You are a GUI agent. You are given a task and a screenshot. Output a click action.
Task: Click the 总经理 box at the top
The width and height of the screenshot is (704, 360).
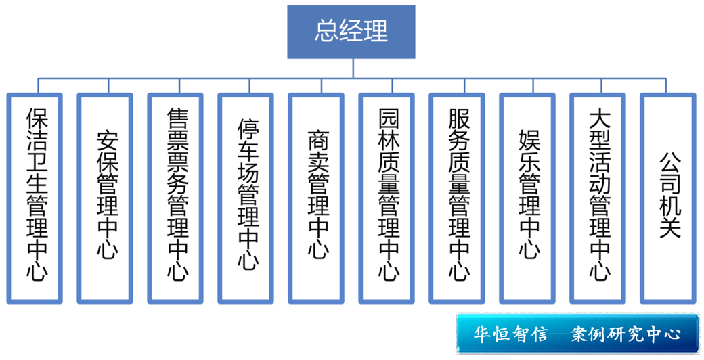coord(351,32)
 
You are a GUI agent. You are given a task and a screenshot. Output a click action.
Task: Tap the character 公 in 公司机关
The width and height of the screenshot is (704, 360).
coord(669,162)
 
